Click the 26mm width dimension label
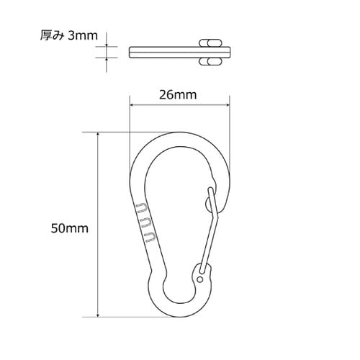pyautogui.click(x=178, y=95)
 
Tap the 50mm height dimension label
pyautogui.click(x=70, y=228)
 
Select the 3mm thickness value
pyautogui.click(x=83, y=36)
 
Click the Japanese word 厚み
pyautogui.click(x=52, y=35)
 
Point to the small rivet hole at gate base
pyautogui.click(x=199, y=279)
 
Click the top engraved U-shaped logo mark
pyautogui.click(x=141, y=208)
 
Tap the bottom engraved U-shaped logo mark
pyautogui.click(x=150, y=237)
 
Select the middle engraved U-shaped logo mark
pyautogui.click(x=145, y=222)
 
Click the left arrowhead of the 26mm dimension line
pyautogui.click(x=131, y=105)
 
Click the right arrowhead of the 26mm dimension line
pyautogui.click(x=228, y=105)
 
